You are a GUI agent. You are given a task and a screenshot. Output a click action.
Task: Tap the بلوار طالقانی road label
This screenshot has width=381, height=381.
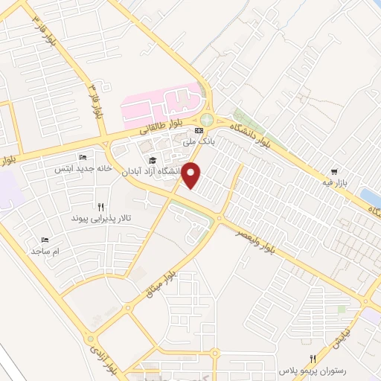161,128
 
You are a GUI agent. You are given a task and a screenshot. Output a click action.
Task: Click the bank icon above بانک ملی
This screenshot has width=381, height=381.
199,129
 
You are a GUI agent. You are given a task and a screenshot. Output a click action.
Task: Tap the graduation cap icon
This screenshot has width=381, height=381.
153,159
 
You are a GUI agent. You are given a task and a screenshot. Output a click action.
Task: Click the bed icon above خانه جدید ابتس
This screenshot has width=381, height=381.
83,158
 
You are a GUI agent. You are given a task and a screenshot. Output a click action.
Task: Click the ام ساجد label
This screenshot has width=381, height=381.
45,252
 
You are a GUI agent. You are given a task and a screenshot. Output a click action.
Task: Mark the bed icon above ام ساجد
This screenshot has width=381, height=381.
45,240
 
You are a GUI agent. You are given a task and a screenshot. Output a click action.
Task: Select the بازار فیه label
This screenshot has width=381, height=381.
336,181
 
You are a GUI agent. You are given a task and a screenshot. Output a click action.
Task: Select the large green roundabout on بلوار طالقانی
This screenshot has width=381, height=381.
206,120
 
